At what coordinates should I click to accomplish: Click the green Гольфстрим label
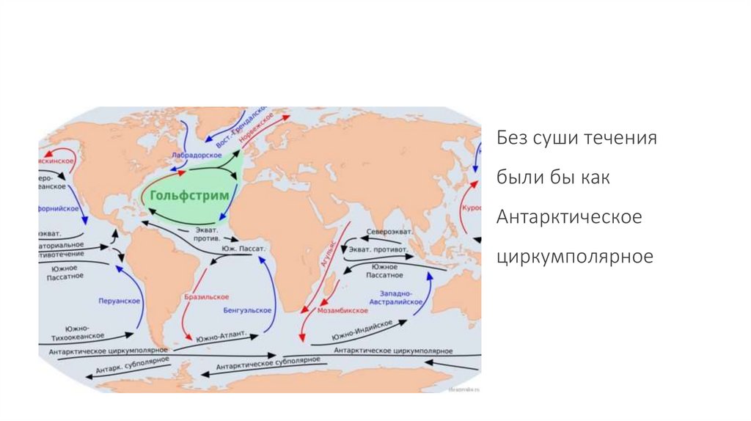(190, 196)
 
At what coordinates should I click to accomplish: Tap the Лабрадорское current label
(197, 155)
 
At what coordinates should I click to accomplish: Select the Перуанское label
(118, 301)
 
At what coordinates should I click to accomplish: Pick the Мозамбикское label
(342, 311)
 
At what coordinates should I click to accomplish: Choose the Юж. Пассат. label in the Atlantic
(242, 249)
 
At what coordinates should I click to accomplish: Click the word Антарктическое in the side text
(569, 218)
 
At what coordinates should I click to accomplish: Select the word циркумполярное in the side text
(574, 258)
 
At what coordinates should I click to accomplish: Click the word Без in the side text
(513, 138)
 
